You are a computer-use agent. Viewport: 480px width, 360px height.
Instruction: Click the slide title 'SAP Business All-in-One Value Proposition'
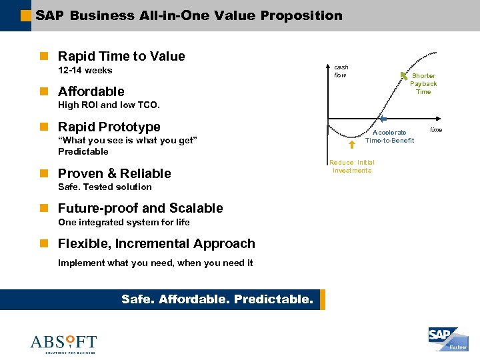[x=189, y=15]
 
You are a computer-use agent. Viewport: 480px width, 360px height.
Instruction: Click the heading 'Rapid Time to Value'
[x=121, y=57]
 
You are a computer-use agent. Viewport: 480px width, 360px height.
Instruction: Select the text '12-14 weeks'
[x=85, y=71]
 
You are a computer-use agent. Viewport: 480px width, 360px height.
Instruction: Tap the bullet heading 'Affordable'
[x=91, y=91]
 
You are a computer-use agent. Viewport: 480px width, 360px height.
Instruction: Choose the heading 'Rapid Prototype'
[x=109, y=127]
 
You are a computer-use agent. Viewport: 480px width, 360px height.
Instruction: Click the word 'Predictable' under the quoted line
[x=83, y=151]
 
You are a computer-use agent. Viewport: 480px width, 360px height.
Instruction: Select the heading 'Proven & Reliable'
[x=115, y=173]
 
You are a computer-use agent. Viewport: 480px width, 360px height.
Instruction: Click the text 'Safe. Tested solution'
[x=105, y=187]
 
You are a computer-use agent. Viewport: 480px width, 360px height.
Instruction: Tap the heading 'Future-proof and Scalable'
[x=141, y=208]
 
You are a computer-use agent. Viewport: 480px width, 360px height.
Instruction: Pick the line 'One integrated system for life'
[x=123, y=223]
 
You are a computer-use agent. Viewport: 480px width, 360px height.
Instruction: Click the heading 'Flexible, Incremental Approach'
[x=157, y=244]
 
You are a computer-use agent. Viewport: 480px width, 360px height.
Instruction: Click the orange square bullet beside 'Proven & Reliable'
[x=44, y=173]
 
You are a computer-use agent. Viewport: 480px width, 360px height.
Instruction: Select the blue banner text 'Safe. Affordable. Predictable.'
[x=217, y=299]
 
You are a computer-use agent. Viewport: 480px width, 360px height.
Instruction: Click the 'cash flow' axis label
[x=341, y=71]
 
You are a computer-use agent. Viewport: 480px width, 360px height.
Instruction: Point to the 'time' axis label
[x=436, y=129]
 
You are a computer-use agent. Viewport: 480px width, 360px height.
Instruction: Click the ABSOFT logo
[x=63, y=343]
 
